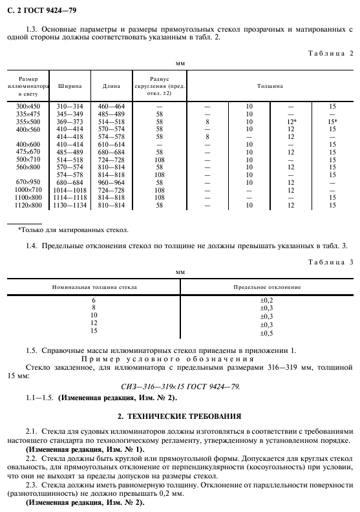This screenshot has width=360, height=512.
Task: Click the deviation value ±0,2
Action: (266, 301)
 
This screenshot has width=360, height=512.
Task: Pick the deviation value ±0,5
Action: (266, 333)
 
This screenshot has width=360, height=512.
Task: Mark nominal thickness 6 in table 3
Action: (94, 301)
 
